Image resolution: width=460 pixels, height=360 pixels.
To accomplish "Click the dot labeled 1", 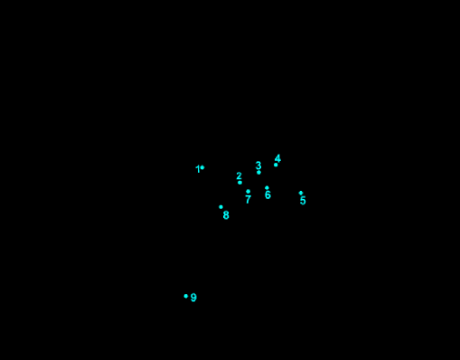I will (x=202, y=167).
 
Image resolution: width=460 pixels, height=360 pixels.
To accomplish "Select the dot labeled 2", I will (x=239, y=183).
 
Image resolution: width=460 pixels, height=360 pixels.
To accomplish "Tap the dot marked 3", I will (x=258, y=172).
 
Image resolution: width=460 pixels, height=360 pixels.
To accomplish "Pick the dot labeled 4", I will (x=276, y=165).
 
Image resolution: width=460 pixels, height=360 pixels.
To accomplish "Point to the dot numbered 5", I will (x=301, y=193).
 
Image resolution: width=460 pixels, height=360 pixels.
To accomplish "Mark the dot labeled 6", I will (x=267, y=188).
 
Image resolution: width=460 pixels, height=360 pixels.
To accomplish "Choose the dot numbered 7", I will (x=248, y=191).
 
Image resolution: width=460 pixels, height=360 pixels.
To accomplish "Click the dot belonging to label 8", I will (x=221, y=207).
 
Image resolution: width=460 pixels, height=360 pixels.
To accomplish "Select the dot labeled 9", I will (x=186, y=296).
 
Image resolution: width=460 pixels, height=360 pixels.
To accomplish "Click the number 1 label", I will (x=197, y=169).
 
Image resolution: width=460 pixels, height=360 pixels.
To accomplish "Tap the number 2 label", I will (x=239, y=176).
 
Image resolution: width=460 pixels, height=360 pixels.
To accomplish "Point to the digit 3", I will (x=258, y=166).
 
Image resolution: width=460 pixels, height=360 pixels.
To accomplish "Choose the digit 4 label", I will (x=277, y=158).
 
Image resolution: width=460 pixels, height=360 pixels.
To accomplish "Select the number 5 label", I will (x=303, y=201).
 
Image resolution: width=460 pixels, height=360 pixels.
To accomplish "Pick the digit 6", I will (x=268, y=195).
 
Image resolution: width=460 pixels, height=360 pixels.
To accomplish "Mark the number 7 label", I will (x=248, y=199).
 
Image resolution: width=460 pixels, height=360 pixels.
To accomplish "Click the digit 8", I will (x=226, y=215).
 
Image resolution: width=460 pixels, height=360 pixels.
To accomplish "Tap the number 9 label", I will (x=193, y=298).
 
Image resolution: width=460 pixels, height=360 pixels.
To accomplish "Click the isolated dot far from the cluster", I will (x=186, y=296).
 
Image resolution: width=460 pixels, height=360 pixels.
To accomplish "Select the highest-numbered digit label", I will (x=193, y=298).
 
